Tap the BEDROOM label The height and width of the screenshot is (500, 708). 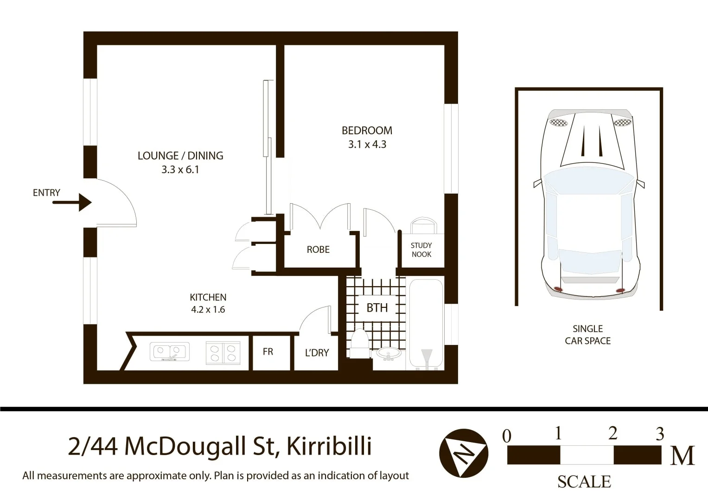[x=367, y=131]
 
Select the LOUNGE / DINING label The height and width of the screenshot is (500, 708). [x=180, y=156]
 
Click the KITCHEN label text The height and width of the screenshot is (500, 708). [x=208, y=297]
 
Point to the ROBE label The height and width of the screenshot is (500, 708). [x=318, y=250]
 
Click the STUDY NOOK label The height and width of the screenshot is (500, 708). [x=421, y=250]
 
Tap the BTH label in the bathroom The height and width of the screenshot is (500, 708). [x=377, y=308]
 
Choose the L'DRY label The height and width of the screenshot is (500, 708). [x=317, y=353]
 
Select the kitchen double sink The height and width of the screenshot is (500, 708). [x=169, y=352]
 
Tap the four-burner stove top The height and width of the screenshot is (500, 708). [x=223, y=352]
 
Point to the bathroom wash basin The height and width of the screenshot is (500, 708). [x=389, y=355]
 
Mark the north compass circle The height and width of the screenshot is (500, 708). [x=463, y=453]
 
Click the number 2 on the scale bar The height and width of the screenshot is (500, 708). [x=612, y=434]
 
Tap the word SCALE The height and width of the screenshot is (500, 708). [x=584, y=482]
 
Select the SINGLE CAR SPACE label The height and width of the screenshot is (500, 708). [x=587, y=335]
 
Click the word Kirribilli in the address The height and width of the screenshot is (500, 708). [x=329, y=446]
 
